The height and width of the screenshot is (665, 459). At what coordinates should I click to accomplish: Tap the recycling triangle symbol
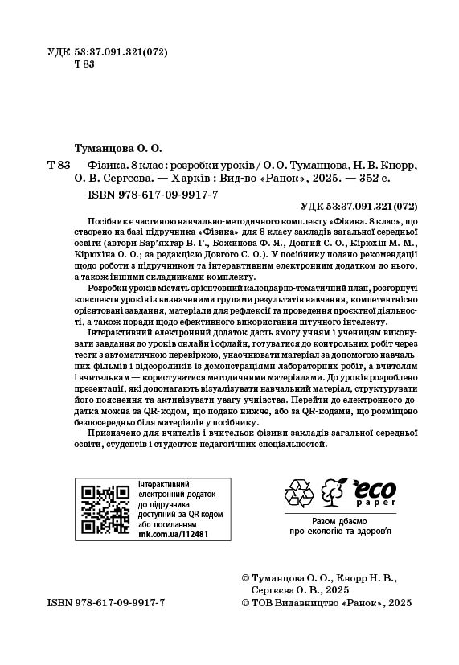[299, 493]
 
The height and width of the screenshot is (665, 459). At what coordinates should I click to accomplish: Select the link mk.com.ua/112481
[174, 533]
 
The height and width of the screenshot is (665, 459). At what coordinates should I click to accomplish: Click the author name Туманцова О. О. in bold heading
[117, 148]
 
